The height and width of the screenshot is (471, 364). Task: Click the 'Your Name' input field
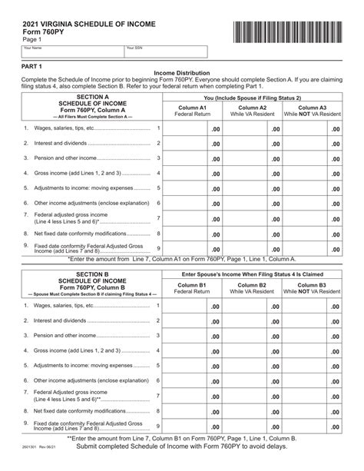pyautogui.click(x=72, y=52)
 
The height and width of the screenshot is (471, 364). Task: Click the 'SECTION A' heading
pyautogui.click(x=91, y=98)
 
